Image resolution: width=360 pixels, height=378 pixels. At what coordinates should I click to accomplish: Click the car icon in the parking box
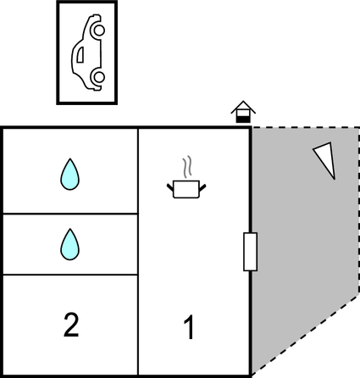86,53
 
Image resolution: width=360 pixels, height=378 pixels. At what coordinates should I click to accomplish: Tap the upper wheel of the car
97,31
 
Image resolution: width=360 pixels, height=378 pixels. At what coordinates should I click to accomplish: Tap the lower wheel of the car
97,78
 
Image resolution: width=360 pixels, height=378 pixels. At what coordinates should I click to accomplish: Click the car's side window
80,54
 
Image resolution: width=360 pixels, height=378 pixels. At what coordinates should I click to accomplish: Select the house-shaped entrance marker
243,112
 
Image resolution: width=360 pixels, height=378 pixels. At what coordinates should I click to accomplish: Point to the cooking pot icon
188,187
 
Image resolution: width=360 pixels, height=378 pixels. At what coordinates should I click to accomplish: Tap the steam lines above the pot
188,164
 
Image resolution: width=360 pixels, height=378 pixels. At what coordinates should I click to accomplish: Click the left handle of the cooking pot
171,182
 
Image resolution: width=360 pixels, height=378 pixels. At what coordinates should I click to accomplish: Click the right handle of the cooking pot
205,182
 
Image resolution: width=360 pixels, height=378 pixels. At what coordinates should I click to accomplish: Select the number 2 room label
71,325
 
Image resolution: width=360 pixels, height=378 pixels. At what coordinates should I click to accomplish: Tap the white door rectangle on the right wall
250,252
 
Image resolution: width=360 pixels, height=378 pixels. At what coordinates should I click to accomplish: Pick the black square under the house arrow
243,118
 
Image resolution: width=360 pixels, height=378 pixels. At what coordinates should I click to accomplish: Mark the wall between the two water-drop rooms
69,214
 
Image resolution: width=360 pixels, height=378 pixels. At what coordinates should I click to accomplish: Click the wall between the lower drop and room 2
69,275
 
